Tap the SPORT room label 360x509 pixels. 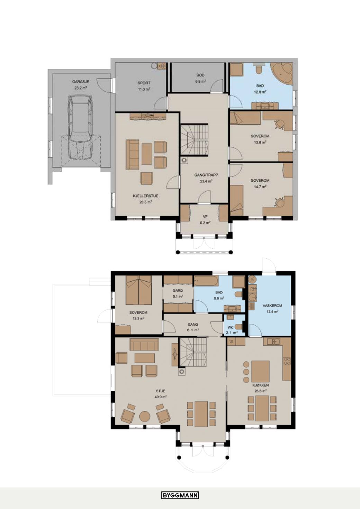[144, 83]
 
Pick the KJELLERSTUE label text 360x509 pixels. [145, 196]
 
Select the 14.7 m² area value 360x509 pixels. [260, 187]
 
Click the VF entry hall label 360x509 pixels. [205, 217]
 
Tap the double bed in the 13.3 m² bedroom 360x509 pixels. [139, 290]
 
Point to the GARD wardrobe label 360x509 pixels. [178, 290]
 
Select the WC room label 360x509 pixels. [231, 327]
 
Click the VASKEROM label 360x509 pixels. [272, 306]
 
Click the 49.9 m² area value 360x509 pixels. [161, 397]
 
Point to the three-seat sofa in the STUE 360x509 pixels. [144, 344]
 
